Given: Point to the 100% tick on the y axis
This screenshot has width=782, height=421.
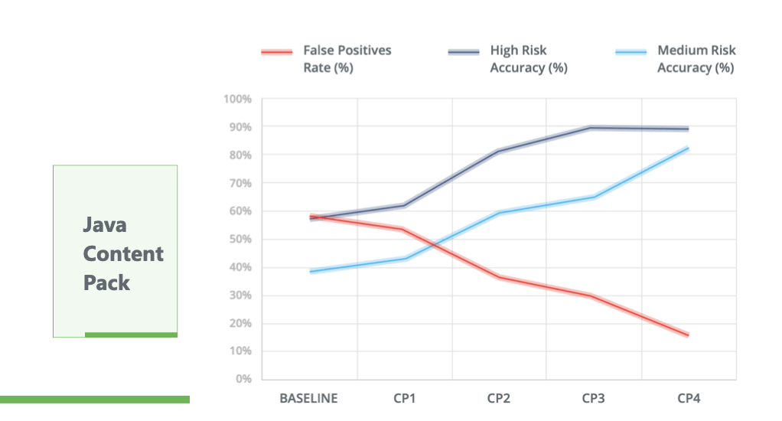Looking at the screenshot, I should [237, 99].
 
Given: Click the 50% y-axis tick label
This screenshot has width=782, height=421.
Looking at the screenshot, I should [239, 239].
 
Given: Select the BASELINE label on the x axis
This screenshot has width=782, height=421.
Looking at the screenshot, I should [308, 398].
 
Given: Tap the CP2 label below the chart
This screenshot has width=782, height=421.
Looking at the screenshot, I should [499, 398].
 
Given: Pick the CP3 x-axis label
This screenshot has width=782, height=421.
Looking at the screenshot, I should [594, 398].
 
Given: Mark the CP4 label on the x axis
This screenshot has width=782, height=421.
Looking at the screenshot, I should [689, 398].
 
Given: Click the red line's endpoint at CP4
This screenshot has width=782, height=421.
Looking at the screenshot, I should [688, 335].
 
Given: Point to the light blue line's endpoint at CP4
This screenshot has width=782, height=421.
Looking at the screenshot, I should [688, 148].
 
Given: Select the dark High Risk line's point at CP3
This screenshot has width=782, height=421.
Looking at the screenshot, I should [594, 128].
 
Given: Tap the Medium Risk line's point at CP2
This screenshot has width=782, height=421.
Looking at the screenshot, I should [499, 213].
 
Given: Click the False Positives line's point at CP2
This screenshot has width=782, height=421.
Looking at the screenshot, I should [499, 277].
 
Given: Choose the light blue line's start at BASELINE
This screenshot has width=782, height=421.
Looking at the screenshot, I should [311, 272].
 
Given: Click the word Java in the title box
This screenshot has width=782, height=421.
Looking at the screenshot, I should [105, 225].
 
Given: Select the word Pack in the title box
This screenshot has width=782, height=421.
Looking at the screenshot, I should [106, 282].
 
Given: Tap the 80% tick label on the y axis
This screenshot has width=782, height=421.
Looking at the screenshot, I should [239, 155].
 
